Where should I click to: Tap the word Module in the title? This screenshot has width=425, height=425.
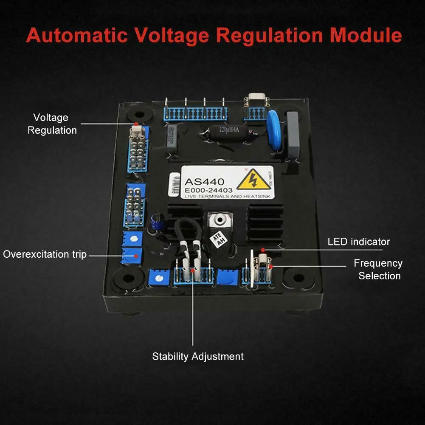point(366,35)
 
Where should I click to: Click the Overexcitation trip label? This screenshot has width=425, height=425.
point(45,254)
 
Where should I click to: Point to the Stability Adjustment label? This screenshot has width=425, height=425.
point(198,356)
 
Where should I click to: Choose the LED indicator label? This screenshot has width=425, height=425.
point(358,242)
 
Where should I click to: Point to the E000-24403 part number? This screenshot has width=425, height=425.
point(208,190)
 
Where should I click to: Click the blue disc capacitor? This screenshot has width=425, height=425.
point(275,130)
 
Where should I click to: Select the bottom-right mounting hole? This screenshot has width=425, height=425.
point(298,278)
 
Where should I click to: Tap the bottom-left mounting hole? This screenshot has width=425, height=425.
point(126,279)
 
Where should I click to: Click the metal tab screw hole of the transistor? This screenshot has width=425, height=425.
point(219,220)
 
